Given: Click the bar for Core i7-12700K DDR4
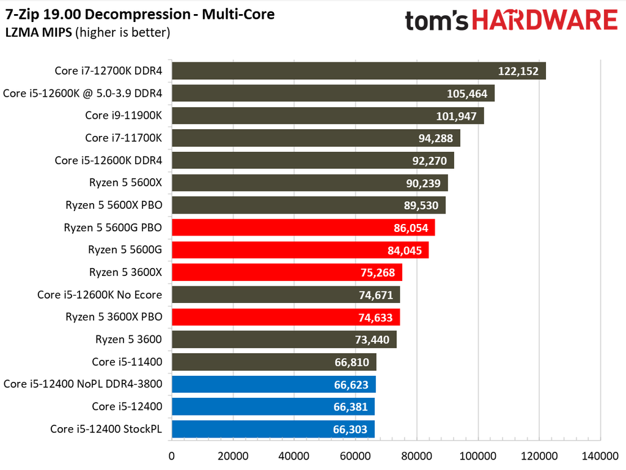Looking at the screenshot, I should point(358,71).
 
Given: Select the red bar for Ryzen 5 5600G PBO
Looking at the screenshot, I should point(303,228).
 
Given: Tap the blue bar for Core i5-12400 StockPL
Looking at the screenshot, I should point(273,429).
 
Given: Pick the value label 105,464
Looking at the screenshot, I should point(467,93).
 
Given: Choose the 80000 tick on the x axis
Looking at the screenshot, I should point(416,456).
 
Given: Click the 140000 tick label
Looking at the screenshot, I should point(600,456).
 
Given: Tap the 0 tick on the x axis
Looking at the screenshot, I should point(172,456).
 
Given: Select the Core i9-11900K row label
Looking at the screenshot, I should point(123,115).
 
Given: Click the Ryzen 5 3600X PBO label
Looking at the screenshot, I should point(114,316).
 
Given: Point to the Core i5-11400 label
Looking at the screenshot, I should point(127,362).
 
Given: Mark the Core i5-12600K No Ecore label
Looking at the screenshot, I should point(100,294).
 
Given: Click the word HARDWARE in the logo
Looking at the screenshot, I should point(545,20).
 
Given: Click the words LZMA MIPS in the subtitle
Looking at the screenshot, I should point(39,32).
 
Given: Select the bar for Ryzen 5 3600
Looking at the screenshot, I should point(284,340).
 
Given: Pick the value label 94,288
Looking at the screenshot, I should point(435,138).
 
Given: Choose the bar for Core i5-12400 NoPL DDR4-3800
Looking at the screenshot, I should point(274,384).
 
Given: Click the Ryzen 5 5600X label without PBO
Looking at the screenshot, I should point(126,182).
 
